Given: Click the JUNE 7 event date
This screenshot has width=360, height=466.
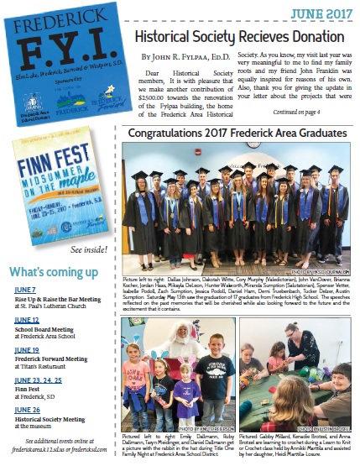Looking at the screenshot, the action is coord(25,290).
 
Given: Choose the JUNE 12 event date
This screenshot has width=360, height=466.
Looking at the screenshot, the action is coord(27,320).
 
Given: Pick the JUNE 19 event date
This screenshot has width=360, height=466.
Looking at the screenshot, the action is coord(27,349).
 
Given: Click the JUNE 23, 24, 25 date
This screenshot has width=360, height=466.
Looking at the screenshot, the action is coord(39,380).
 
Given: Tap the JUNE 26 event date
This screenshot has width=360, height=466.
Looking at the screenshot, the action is coord(27,409).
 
